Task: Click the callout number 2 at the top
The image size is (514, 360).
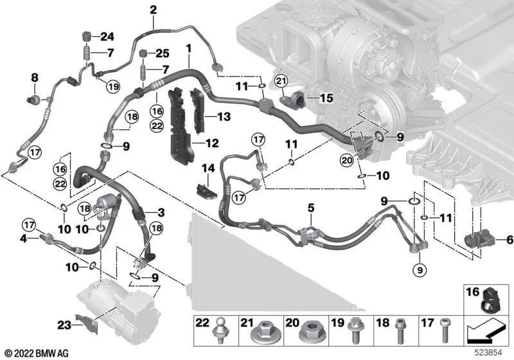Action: point(153,10)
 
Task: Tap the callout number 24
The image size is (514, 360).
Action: point(107,37)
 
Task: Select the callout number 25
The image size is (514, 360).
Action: point(163,53)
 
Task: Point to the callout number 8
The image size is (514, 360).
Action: point(35,78)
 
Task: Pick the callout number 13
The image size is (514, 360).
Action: point(224,116)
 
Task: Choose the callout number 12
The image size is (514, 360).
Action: point(212,143)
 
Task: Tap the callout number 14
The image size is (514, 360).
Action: point(208,168)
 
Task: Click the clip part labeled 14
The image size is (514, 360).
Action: point(206,191)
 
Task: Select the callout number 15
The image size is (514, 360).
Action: point(326,98)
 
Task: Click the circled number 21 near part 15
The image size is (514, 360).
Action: point(281,80)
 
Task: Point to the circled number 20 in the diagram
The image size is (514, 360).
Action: point(347,160)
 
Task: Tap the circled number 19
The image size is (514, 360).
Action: point(113,87)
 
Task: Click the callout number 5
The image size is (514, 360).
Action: point(311,208)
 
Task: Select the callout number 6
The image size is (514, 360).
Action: point(510,240)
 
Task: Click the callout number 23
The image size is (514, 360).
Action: point(64,325)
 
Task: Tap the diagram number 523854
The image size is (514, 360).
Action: point(489,353)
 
